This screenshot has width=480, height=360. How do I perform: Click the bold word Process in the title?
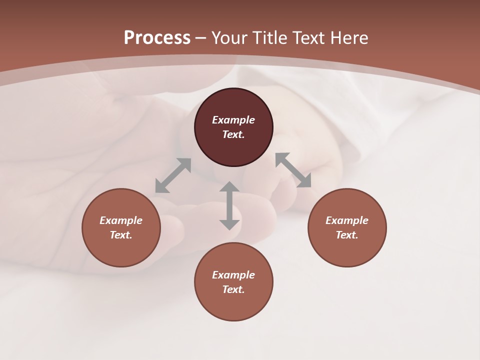157,38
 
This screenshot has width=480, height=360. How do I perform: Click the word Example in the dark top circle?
233,120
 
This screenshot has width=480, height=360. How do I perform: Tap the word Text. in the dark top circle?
233,134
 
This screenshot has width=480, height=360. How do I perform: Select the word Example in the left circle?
121,220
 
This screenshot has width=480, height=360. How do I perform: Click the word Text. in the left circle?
121,235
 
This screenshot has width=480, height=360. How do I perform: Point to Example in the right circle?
347,220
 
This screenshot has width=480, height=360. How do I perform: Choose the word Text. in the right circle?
347,235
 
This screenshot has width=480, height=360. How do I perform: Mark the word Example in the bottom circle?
233,275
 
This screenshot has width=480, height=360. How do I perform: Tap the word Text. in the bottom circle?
233,289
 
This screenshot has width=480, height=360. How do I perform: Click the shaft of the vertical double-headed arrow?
229,205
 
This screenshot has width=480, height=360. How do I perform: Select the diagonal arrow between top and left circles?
173,175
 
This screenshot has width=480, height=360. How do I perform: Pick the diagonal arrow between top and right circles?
293,170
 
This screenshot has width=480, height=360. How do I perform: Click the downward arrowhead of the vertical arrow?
229,224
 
